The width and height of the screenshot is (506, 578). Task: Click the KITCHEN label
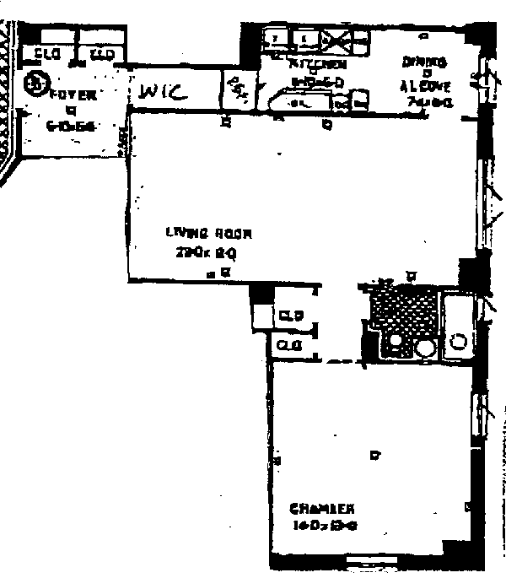318,63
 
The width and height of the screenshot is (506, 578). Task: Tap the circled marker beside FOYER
35,84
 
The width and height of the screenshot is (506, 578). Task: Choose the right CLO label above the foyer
102,55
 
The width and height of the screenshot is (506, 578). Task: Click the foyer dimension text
72,126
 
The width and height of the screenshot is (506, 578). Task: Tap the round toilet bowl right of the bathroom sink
425,348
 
